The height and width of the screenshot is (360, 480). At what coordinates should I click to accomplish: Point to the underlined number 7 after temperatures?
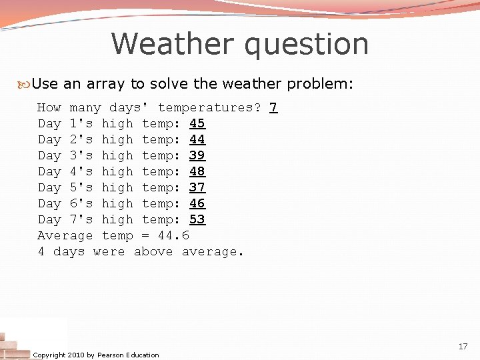point(273,107)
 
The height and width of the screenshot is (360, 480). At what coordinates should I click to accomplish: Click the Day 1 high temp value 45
point(197,123)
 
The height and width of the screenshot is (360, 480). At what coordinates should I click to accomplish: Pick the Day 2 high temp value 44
point(197,139)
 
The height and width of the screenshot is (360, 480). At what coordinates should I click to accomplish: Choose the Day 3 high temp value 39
point(197,155)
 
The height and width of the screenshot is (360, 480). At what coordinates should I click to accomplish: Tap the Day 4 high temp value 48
point(197,171)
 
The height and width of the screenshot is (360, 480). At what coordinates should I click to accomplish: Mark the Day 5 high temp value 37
point(197,187)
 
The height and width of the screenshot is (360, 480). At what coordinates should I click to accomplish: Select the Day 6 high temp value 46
point(197,203)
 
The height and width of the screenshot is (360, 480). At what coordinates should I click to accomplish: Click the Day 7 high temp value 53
point(197,219)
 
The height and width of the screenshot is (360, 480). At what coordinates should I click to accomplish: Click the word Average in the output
point(65,235)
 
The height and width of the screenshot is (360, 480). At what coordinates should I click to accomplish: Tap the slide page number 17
point(463,347)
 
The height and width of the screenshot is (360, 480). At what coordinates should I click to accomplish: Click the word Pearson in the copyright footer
point(111,355)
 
